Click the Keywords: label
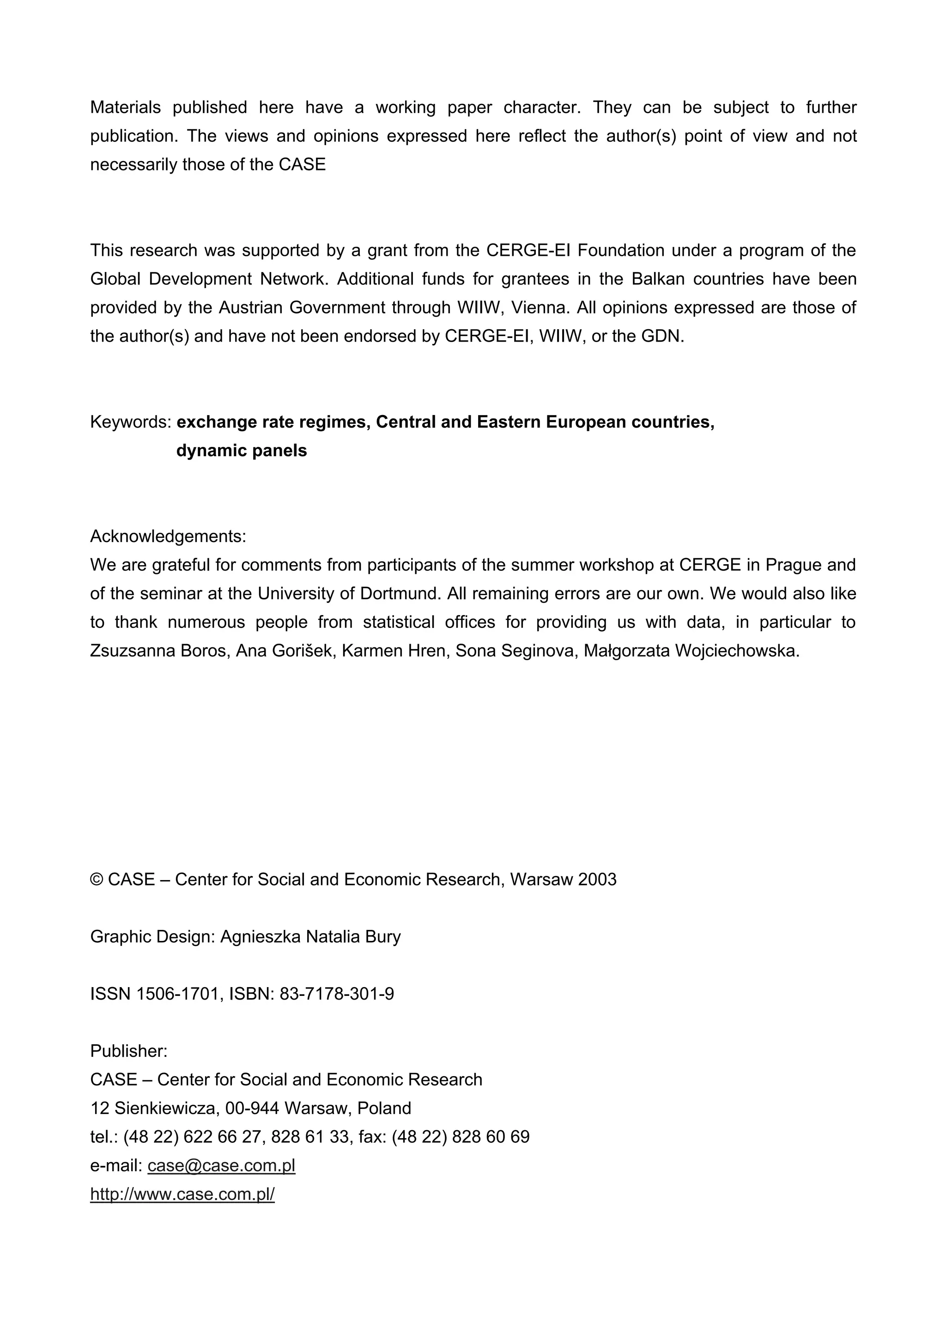tap(131, 422)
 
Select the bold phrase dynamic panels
tap(241, 451)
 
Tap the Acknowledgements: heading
tap(168, 536)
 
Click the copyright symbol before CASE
tap(96, 880)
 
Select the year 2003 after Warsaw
tap(597, 880)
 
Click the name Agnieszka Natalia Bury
tap(310, 936)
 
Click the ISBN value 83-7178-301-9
tap(336, 994)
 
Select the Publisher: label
tap(129, 1051)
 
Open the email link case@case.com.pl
tap(222, 1165)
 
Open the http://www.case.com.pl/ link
tap(182, 1194)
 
